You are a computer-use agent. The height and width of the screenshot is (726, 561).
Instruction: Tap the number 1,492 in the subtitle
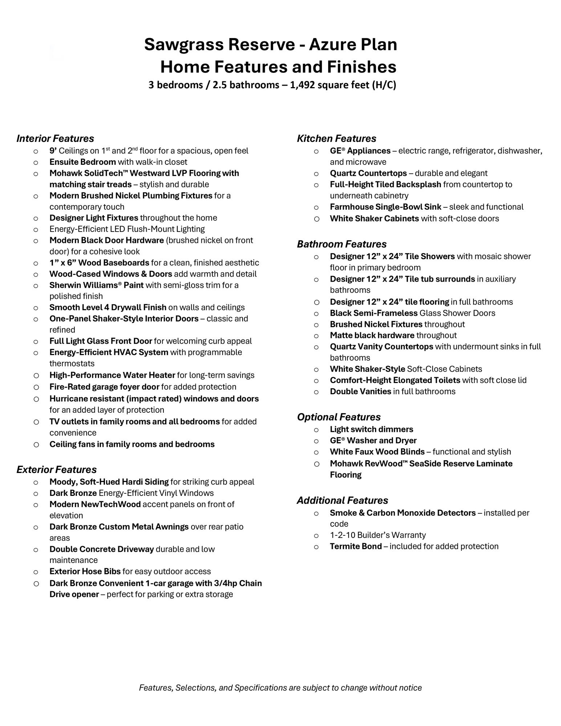tap(304, 85)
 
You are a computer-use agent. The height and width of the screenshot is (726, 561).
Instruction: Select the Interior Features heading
tap(55, 139)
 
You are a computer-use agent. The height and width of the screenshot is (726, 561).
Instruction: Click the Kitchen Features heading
tap(336, 139)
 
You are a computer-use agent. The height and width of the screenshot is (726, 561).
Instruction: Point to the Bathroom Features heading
tap(341, 244)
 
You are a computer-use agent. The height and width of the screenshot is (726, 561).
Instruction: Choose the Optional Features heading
tap(338, 417)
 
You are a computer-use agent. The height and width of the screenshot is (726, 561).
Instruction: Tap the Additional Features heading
tap(342, 501)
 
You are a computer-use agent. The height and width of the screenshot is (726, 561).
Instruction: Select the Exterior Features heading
tap(56, 470)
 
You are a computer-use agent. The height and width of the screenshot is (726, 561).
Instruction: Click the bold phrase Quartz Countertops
tap(368, 173)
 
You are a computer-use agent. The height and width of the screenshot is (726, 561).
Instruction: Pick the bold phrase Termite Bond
tap(355, 546)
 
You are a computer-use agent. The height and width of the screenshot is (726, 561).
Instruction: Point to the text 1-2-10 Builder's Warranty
tap(378, 535)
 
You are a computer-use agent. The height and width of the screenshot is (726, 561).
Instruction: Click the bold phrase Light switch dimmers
tap(371, 429)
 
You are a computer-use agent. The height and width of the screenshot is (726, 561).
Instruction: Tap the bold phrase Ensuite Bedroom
tap(82, 162)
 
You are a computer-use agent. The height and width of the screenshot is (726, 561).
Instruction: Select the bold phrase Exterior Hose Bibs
tap(85, 571)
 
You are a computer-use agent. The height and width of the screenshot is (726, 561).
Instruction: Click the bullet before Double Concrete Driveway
tap(36, 550)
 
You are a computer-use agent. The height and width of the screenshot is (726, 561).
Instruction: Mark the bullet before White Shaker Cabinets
tap(317, 219)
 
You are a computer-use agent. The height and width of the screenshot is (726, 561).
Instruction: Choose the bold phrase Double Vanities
tap(360, 391)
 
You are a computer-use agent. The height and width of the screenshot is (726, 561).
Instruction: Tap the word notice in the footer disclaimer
tap(410, 688)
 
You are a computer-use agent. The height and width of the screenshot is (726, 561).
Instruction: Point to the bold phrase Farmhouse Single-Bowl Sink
tap(385, 207)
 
